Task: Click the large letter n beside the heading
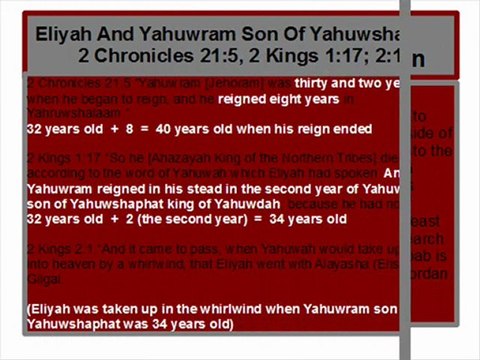point(419,59)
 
